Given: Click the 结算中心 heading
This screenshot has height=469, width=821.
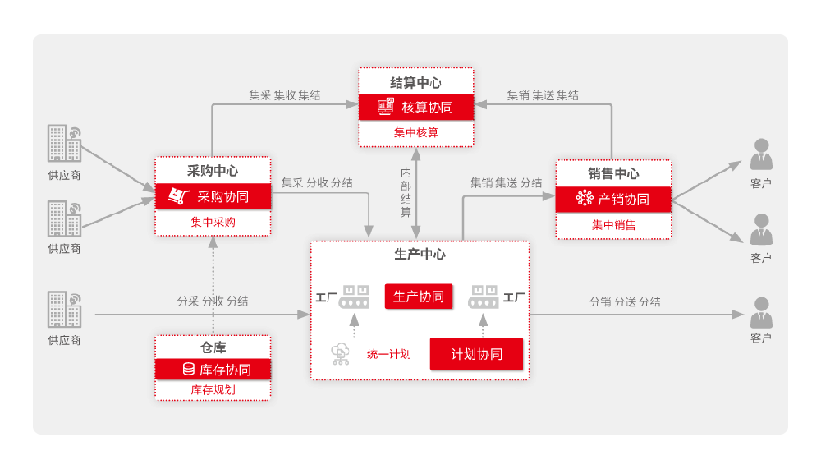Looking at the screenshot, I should [x=415, y=83].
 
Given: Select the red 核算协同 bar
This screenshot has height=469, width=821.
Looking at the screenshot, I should [x=415, y=107].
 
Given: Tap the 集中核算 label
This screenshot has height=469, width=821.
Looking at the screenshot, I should [x=415, y=132].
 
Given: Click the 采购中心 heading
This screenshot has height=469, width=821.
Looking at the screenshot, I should [x=213, y=172].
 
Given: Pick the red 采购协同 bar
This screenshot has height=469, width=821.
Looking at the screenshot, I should [x=213, y=197].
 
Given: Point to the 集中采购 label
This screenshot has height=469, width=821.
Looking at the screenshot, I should [x=213, y=222].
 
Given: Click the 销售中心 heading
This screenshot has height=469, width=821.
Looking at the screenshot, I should [x=613, y=173].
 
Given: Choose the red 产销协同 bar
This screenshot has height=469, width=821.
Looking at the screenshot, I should [x=613, y=199].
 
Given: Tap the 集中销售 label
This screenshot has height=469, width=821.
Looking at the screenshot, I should [x=613, y=224].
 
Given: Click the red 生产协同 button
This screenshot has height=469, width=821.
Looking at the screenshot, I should [x=419, y=297].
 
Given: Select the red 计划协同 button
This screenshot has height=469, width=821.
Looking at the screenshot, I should [x=476, y=354].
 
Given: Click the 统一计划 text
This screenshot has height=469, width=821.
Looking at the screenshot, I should [x=389, y=355].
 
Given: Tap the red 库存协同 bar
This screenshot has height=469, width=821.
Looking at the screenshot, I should [x=213, y=370].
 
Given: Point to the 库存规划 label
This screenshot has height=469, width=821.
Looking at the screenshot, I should [x=213, y=390].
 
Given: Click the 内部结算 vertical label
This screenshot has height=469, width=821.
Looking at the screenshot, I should [x=406, y=192].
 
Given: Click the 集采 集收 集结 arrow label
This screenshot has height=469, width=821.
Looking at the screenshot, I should [x=285, y=95].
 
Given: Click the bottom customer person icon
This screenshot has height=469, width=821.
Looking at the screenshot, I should [x=761, y=313].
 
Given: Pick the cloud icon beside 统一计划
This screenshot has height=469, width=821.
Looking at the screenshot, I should [x=340, y=353].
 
